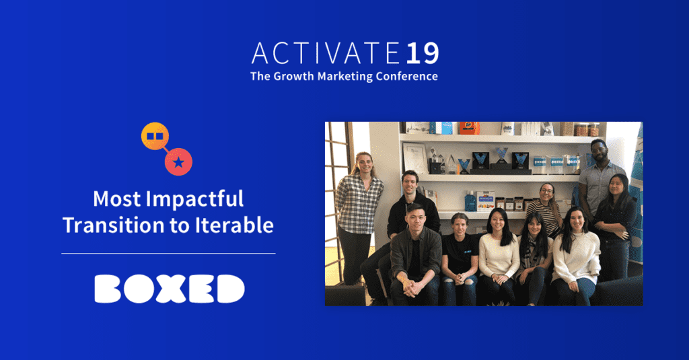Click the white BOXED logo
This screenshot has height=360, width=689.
tap(169, 289)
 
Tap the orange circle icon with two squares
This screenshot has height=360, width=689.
tap(155, 136)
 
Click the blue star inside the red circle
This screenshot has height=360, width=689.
tap(178, 162)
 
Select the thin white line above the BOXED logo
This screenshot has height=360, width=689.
tap(168, 254)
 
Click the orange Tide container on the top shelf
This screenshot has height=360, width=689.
tap(470, 128)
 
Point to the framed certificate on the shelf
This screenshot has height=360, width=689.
tap(414, 158)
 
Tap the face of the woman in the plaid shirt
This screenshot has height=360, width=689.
tap(363, 163)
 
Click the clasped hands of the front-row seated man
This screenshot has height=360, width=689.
tap(412, 288)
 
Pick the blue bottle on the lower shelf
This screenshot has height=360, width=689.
tap(470, 201)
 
